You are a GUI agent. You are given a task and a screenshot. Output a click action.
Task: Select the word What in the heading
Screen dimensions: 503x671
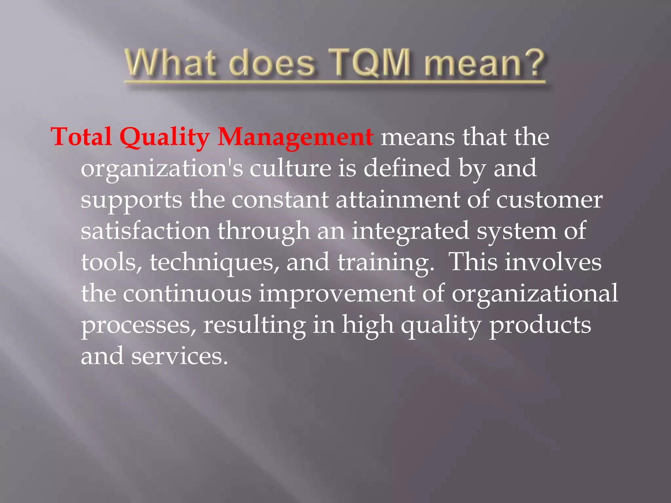[170, 63]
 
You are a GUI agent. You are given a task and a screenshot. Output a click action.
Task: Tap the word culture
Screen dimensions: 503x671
[290, 168]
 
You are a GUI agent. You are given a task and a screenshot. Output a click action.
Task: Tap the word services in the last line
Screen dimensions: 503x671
[179, 356]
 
